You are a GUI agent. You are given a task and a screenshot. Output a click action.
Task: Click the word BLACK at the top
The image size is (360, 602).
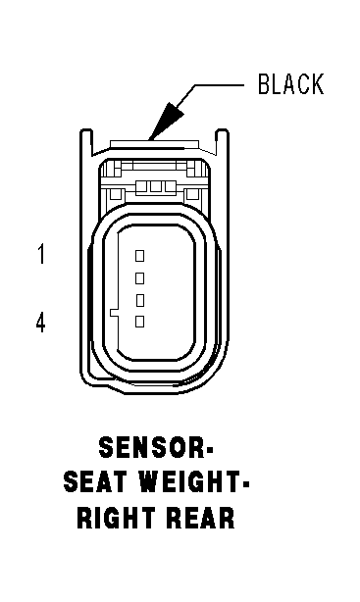coord(290,84)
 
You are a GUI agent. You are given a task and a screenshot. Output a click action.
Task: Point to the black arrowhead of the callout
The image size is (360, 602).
coord(166,122)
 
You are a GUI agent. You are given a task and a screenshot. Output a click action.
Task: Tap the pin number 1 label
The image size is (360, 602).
coord(41,255)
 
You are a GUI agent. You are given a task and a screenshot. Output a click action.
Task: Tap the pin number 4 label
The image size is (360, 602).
coord(41,322)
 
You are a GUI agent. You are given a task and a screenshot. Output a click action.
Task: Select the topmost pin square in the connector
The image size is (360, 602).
coord(140,256)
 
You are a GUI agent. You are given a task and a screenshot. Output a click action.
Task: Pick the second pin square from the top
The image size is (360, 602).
coord(140,278)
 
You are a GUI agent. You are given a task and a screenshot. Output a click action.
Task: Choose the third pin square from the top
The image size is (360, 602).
coord(140,300)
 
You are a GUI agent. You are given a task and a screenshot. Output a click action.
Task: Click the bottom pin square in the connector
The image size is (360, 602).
coord(140,322)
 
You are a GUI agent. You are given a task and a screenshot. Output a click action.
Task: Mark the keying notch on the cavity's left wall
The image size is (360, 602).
coord(114,313)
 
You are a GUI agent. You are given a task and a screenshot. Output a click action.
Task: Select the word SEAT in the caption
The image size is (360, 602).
coord(89,481)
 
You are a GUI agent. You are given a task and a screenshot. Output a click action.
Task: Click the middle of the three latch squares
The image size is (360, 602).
coord(156,186)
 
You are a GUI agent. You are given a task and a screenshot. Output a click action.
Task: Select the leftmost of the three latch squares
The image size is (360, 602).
coord(142,186)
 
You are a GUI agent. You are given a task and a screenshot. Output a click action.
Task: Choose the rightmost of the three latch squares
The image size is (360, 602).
coord(170,186)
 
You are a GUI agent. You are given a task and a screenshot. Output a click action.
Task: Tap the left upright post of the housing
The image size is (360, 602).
coord(86,143)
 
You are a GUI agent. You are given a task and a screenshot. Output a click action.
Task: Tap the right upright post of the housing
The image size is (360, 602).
coord(222,143)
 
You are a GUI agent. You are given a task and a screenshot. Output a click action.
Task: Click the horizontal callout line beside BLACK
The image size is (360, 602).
coord(219,85)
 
